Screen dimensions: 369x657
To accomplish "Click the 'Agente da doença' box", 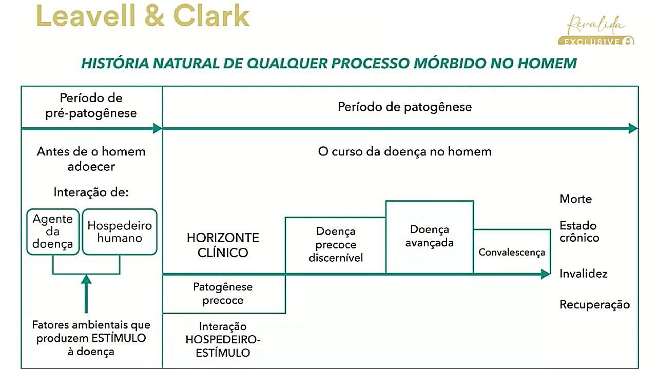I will [x=53, y=231].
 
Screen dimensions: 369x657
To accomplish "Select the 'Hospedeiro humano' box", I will [x=120, y=231].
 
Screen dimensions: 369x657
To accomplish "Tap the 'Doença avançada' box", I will [x=429, y=237].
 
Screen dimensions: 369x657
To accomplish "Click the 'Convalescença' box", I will [x=511, y=252].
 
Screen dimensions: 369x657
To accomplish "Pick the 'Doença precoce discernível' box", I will [x=336, y=245].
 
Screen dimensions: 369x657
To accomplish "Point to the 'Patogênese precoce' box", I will [x=223, y=294].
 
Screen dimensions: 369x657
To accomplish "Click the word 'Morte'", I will [x=575, y=199].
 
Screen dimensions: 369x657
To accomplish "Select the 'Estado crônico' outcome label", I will [x=579, y=231].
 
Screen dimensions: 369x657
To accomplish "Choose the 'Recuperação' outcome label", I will [x=594, y=304].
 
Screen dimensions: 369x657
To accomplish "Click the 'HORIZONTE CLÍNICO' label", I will [x=223, y=245].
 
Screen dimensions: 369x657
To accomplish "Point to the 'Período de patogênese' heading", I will [x=404, y=107].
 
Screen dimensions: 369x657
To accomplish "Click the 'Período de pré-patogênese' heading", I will [x=91, y=105].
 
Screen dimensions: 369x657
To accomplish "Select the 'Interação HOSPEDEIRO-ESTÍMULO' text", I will [x=223, y=340].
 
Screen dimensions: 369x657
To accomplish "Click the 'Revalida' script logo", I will [x=596, y=25].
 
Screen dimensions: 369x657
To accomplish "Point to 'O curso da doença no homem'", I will [x=404, y=152].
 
